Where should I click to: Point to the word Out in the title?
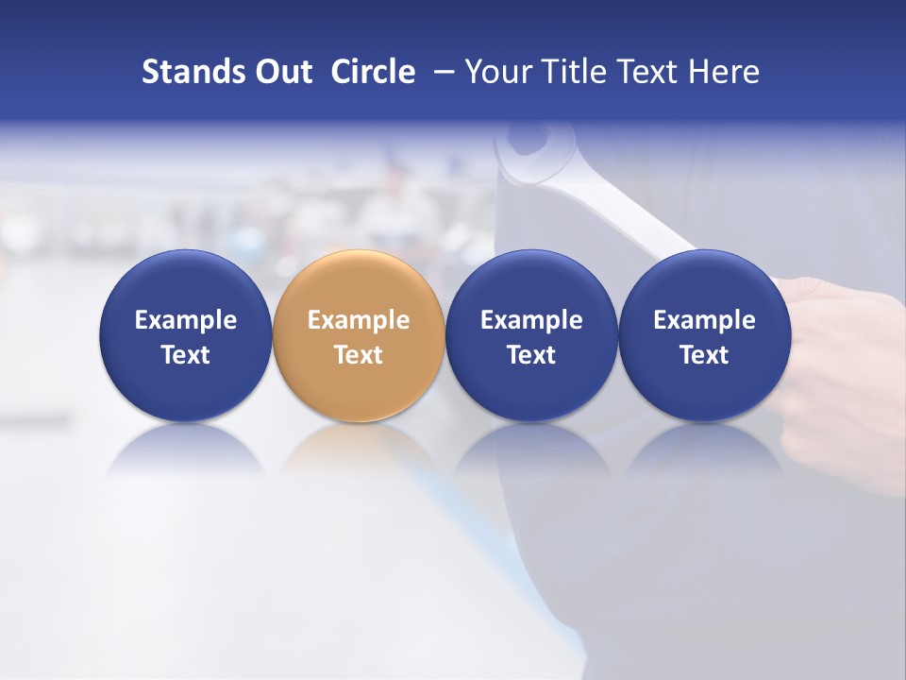(282, 72)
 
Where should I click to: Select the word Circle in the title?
(373, 72)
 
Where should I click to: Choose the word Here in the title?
(724, 72)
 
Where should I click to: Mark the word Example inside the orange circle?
(359, 320)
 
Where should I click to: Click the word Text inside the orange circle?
(359, 355)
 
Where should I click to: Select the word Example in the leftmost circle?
(186, 320)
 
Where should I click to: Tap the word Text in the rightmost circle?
(705, 355)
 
